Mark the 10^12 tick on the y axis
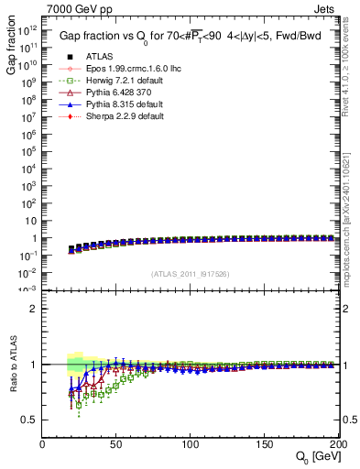pyautogui.click(x=29, y=28)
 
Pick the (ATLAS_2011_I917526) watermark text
pyautogui.click(x=191, y=274)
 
